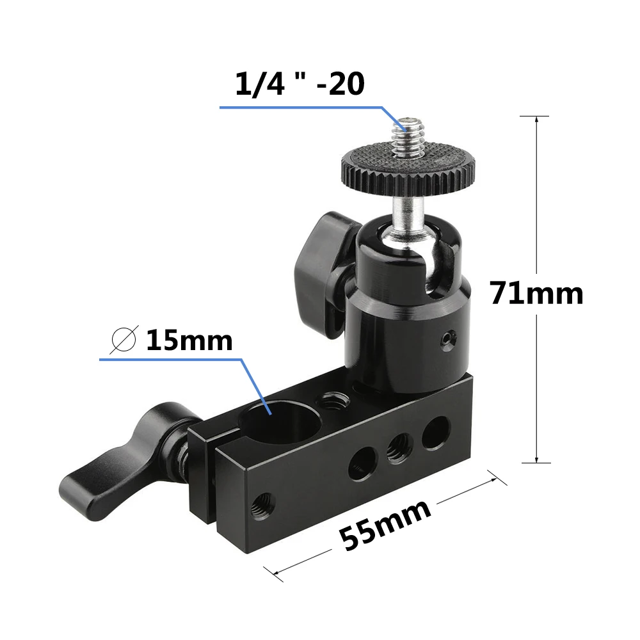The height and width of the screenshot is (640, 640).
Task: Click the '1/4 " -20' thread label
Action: pyautogui.click(x=300, y=84)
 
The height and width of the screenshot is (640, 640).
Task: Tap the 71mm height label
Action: pyautogui.click(x=537, y=294)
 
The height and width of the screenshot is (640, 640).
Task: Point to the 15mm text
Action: pyautogui.click(x=189, y=340)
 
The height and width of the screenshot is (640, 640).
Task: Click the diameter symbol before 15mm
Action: pyautogui.click(x=124, y=340)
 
